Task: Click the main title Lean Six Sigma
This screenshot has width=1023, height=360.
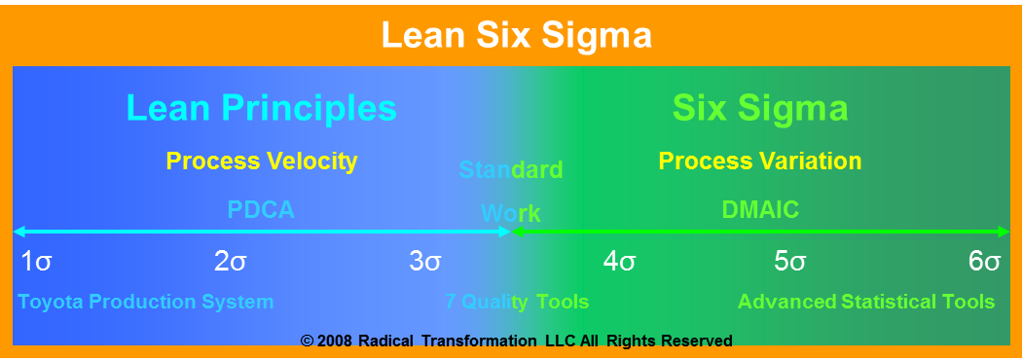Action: pos(516,37)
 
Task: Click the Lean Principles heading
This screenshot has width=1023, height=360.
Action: pos(262,107)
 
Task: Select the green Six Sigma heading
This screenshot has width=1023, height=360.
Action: pos(760,107)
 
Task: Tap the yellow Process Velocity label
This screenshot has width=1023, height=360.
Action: pos(262,161)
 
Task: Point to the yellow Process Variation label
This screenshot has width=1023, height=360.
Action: pos(760,161)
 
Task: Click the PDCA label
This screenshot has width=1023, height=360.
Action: pos(261,209)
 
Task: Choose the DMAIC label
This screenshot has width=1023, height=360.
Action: pos(760,209)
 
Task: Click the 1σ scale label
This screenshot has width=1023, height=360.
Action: pos(36,261)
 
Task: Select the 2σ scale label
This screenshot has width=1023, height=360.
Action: pos(231,261)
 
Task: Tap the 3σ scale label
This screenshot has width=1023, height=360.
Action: pos(425,261)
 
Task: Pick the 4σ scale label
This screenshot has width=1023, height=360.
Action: pos(620,261)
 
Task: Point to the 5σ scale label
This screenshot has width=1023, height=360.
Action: pos(790,261)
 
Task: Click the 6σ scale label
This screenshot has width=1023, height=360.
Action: pos(985,261)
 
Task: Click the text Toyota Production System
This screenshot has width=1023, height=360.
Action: pos(146,302)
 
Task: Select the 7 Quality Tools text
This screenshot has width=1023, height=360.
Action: pos(517,302)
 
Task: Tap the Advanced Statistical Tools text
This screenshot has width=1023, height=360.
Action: pos(866,302)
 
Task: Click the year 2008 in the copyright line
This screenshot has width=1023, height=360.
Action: pos(335,341)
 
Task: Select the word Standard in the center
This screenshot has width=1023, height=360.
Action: pos(511,171)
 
